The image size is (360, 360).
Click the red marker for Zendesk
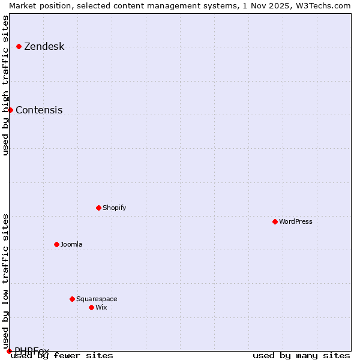[19, 46]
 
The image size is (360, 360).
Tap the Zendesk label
[44, 47]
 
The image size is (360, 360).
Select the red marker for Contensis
[10, 110]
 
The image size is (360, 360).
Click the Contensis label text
[39, 110]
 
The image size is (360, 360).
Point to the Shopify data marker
[98, 208]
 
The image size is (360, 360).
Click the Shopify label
[114, 208]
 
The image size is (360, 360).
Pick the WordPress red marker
[275, 221]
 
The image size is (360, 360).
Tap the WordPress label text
[295, 222]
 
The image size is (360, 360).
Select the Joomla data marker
[56, 244]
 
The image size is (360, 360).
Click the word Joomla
[71, 245]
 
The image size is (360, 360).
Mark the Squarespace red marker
[72, 299]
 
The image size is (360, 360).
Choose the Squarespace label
[97, 299]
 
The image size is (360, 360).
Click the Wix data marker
[91, 307]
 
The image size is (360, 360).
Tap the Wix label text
[101, 308]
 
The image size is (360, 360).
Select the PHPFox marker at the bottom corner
[9, 351]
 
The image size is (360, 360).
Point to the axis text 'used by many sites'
[301, 356]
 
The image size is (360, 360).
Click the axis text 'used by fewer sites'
[62, 356]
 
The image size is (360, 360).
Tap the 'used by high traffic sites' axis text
[5, 85]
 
